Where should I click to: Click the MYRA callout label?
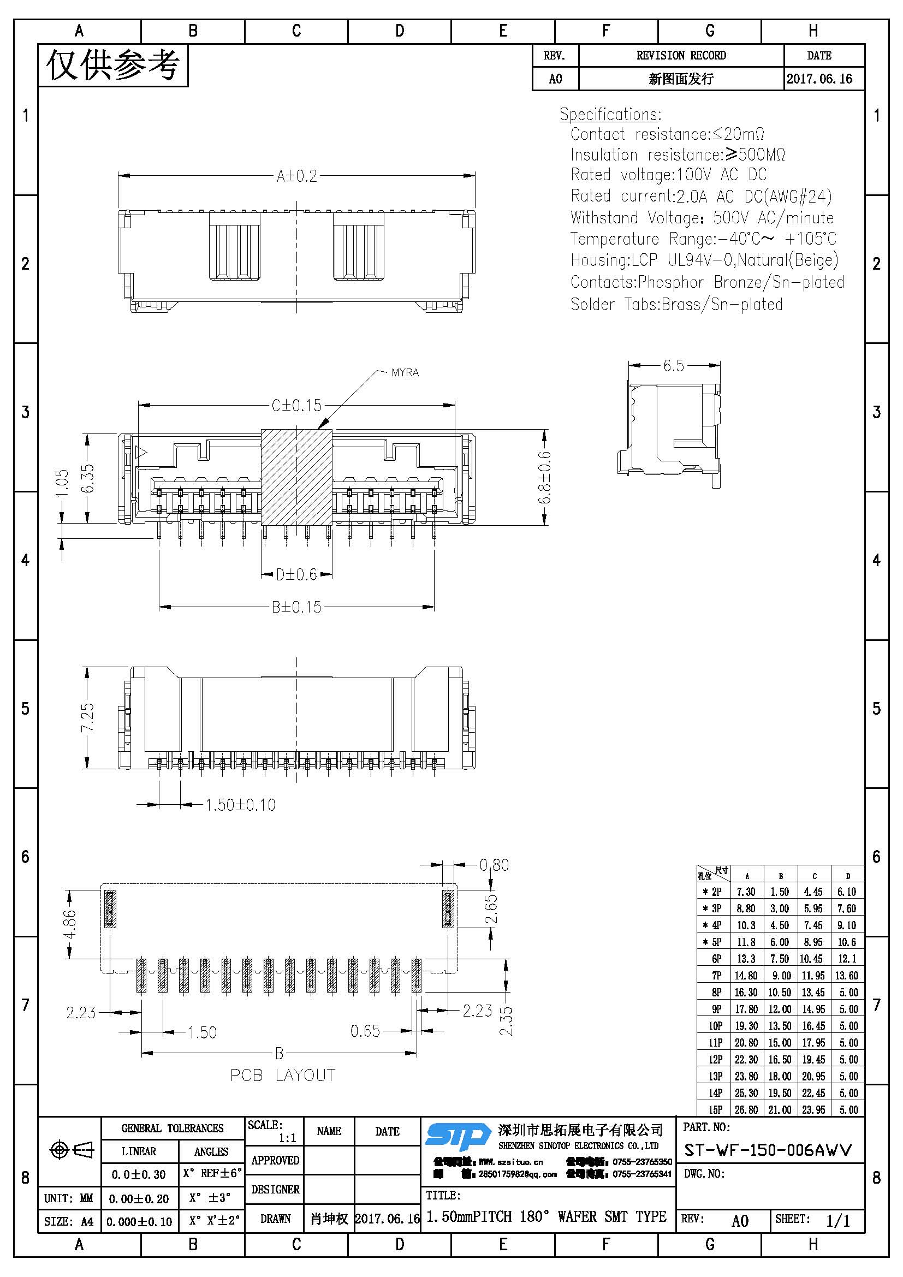click(405, 373)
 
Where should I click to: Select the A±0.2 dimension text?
click(297, 176)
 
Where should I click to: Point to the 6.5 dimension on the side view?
click(673, 366)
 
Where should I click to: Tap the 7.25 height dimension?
click(88, 718)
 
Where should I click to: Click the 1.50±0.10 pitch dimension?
click(240, 805)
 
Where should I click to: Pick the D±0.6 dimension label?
click(296, 574)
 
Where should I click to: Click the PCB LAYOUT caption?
click(282, 1075)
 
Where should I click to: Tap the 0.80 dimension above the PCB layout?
click(494, 865)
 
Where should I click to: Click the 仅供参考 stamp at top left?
click(113, 66)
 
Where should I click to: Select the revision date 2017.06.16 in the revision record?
click(819, 79)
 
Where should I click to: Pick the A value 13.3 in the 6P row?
click(746, 959)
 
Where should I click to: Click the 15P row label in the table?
click(716, 1109)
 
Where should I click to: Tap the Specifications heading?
click(610, 115)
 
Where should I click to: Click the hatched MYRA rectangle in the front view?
click(296, 477)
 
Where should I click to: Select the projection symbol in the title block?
click(72, 1150)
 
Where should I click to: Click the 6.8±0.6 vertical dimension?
click(545, 477)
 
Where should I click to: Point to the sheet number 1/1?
click(838, 1221)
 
